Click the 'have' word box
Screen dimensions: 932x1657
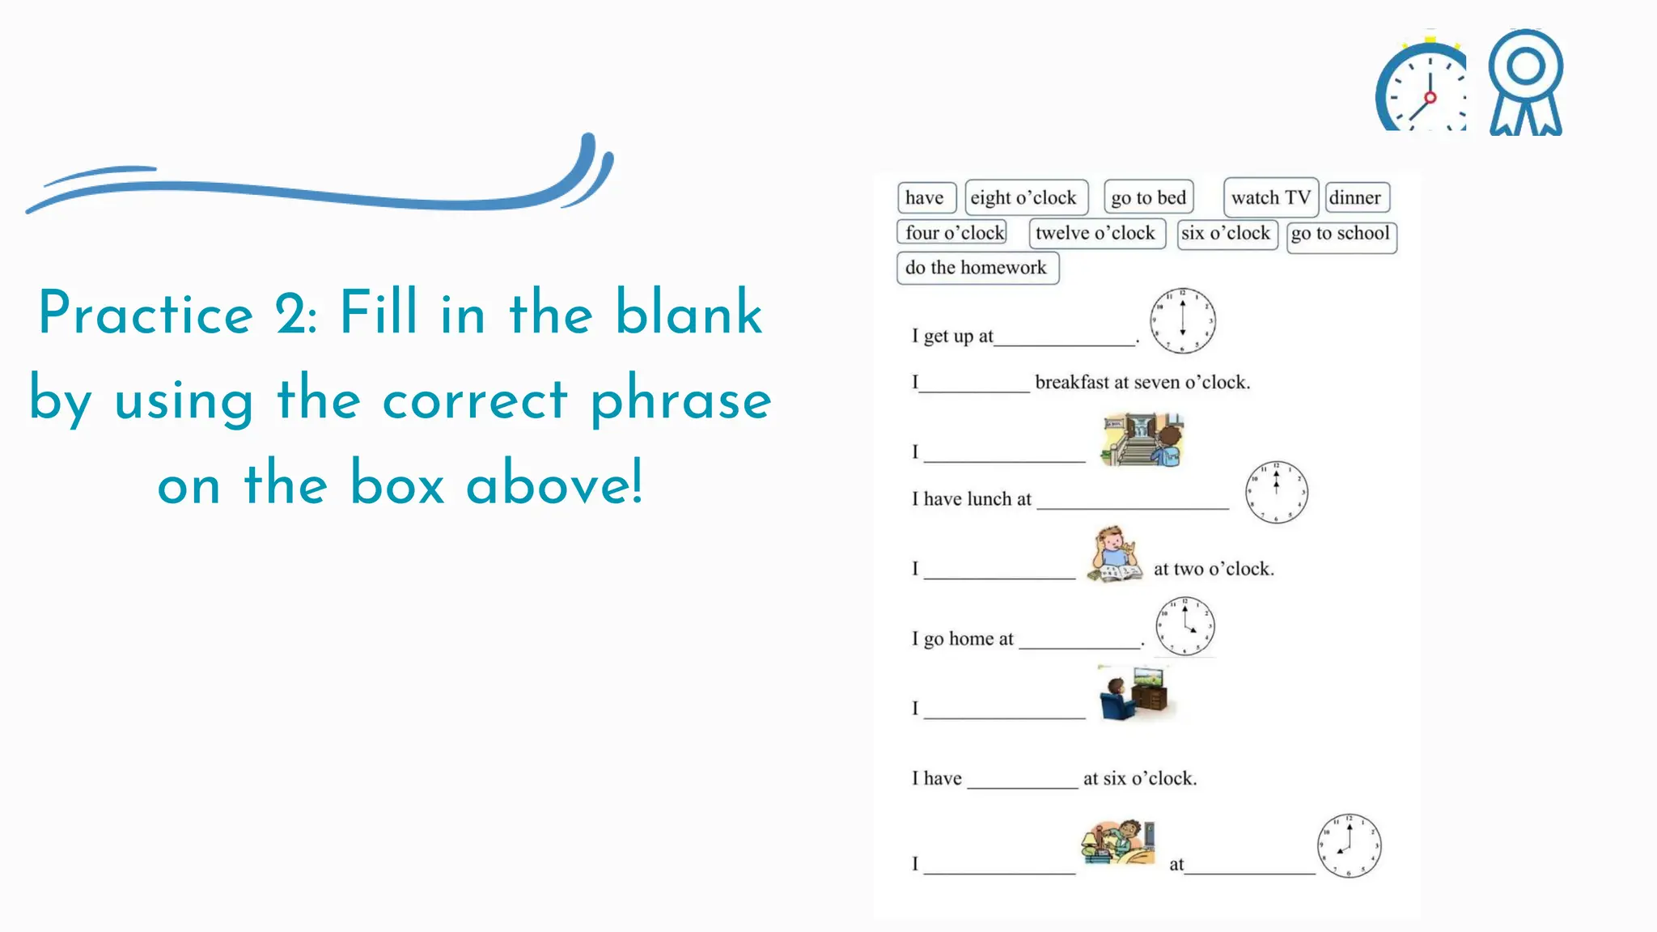point(926,197)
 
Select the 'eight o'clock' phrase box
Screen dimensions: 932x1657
point(1025,197)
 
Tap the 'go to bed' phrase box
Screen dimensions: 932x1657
point(1148,197)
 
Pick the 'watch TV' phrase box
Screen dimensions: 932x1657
point(1270,197)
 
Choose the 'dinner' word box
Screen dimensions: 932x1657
point(1356,197)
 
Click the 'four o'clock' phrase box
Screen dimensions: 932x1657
point(952,233)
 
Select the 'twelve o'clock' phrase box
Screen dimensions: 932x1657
point(1096,233)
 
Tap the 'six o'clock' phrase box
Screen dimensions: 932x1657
point(1226,234)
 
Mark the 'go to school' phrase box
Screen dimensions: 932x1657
point(1341,235)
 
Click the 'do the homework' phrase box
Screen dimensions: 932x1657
point(977,268)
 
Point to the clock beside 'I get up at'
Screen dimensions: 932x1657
point(1182,321)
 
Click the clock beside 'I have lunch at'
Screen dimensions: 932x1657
point(1276,492)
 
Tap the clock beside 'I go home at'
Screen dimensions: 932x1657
point(1184,626)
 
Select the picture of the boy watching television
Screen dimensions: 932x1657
point(1134,693)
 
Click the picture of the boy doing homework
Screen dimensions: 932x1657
point(1114,554)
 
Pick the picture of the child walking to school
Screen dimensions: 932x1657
point(1142,440)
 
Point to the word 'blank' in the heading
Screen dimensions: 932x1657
point(689,312)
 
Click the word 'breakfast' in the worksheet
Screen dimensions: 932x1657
point(1072,383)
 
